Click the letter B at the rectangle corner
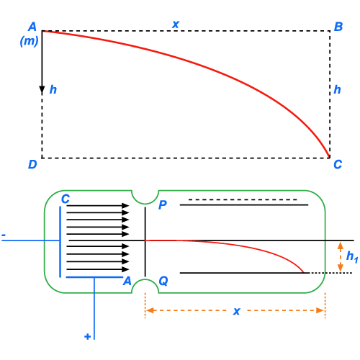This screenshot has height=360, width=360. [x=338, y=27]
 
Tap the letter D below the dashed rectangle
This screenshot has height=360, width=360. [x=32, y=164]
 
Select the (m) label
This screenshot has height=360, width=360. [x=29, y=41]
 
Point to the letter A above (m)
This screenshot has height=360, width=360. [x=32, y=27]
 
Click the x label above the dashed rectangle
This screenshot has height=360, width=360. [x=176, y=24]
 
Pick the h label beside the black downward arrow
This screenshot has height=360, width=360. [x=53, y=89]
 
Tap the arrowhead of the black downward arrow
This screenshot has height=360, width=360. [x=42, y=90]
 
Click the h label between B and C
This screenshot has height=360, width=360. [x=337, y=89]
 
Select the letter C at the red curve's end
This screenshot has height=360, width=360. [x=338, y=164]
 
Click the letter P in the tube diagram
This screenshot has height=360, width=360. [x=163, y=204]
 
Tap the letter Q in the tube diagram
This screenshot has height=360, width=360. [x=163, y=281]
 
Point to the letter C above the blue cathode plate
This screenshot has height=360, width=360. [x=66, y=199]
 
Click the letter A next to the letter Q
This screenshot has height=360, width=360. [x=127, y=281]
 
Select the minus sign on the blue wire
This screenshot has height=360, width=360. [x=4, y=235]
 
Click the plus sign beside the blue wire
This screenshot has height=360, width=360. [x=88, y=336]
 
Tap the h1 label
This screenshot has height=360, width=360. [x=352, y=256]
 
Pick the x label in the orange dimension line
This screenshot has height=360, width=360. [x=237, y=311]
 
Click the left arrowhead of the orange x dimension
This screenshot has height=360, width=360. [x=150, y=310]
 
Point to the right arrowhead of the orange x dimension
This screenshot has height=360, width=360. [x=320, y=310]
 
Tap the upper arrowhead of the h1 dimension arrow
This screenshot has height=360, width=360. [x=341, y=246]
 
